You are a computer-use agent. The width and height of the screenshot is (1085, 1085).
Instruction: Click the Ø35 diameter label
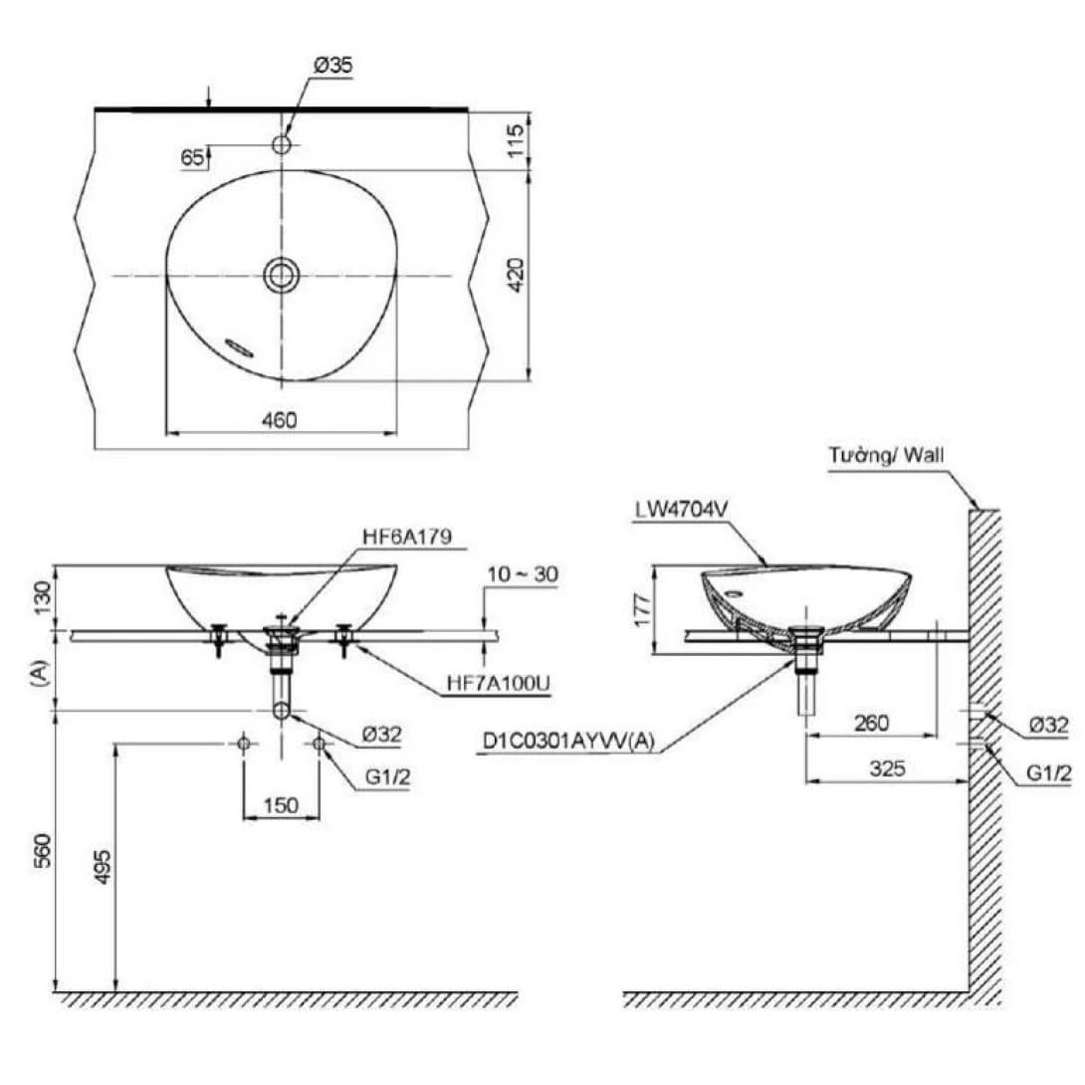pos(333,67)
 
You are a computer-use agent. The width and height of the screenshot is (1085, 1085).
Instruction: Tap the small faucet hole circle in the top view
pos(282,145)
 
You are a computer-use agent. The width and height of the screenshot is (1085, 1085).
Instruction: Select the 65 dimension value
pos(193,157)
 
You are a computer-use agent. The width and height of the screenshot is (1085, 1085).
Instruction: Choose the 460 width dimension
pos(280,420)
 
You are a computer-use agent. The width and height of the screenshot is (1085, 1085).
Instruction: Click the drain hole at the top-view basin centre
pos(281,275)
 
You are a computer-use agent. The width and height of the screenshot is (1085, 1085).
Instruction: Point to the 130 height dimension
pos(41,598)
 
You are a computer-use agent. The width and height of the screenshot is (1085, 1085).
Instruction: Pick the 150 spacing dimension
pos(281,805)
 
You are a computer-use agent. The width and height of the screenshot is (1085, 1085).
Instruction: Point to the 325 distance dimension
pos(886,768)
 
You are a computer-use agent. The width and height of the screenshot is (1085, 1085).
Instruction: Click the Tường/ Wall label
pos(885,456)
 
